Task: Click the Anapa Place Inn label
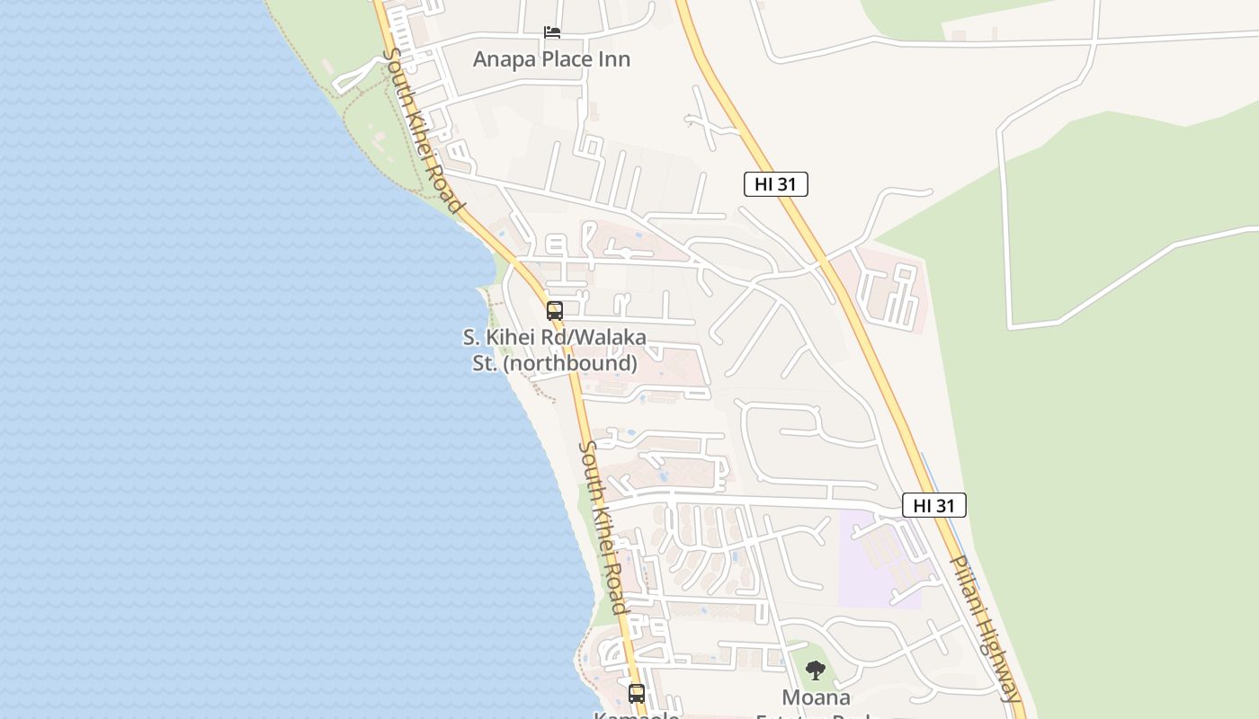coord(551,59)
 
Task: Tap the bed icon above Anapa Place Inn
coord(552,33)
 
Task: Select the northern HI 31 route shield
coord(776,184)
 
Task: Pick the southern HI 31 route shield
coord(933,505)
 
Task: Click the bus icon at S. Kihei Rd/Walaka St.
coord(555,311)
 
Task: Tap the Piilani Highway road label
coord(987,628)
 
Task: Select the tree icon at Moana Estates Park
coord(816,670)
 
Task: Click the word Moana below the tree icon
coord(816,697)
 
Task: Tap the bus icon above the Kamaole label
coord(637,693)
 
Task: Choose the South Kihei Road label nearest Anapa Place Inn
coord(423,129)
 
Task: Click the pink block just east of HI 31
coord(886,288)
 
